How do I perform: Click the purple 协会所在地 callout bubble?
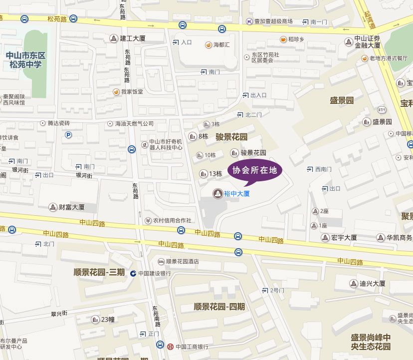pyautogui.click(x=255, y=170)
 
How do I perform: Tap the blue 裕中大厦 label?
pyautogui.click(x=236, y=193)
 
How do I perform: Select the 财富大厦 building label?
pyautogui.click(x=71, y=207)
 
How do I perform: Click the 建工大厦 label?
pyautogui.click(x=132, y=38)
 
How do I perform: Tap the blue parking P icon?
pyautogui.click(x=68, y=135)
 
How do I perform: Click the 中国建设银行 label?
pyautogui.click(x=155, y=273)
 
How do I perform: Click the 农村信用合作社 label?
pyautogui.click(x=172, y=220)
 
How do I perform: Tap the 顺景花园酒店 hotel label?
pyautogui.click(x=182, y=261)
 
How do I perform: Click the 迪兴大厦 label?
pyautogui.click(x=373, y=284)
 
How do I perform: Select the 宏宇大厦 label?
pyautogui.click(x=344, y=238)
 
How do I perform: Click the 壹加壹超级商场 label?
pyautogui.click(x=273, y=21)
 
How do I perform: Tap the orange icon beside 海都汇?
pyautogui.click(x=208, y=45)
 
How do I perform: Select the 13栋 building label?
pyautogui.click(x=215, y=174)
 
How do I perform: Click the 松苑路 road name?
pyautogui.click(x=57, y=19)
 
